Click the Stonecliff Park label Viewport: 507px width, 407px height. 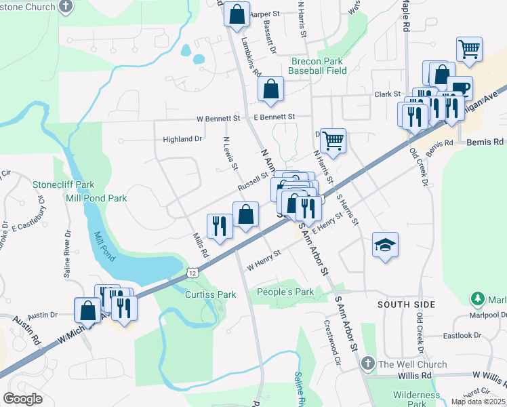(64, 185)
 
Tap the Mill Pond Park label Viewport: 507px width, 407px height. (96, 198)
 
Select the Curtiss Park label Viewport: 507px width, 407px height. (211, 294)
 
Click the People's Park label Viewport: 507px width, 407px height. (285, 292)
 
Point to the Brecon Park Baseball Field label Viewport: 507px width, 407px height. (316, 65)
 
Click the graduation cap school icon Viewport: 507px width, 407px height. (385, 246)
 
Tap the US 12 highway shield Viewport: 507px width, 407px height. (193, 272)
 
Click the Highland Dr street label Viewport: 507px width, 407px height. (182, 139)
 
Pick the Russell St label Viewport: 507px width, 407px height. (253, 180)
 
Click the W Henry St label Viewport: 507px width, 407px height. (264, 260)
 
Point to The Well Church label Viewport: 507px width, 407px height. (413, 364)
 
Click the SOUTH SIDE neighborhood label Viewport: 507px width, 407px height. (407, 305)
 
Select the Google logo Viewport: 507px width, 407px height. (22, 399)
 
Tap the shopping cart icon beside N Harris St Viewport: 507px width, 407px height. (333, 141)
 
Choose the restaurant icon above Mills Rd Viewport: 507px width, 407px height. (220, 225)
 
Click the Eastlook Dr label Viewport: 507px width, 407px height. (462, 336)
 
